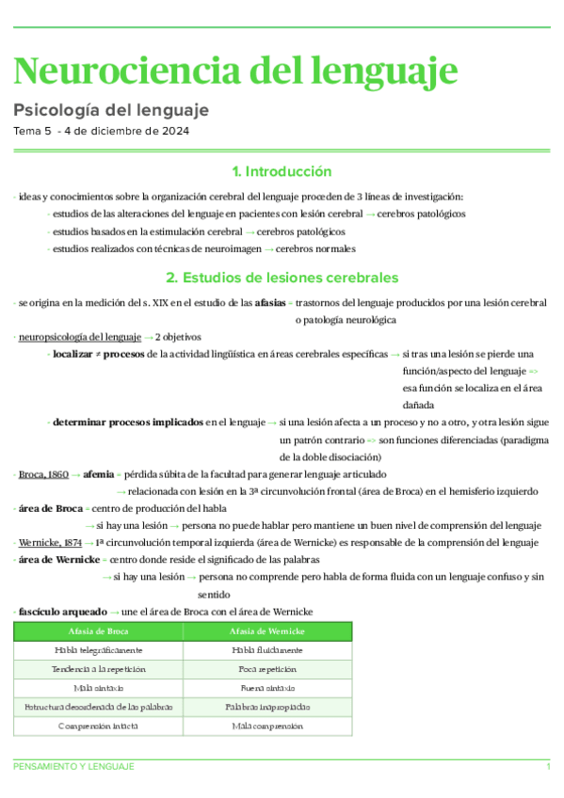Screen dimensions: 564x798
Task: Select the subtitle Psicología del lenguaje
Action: [x=111, y=110]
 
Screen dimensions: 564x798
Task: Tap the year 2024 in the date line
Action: [x=173, y=132]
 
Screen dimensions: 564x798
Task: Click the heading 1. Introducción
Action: [x=282, y=171]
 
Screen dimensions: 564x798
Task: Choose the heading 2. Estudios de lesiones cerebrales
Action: [x=282, y=278]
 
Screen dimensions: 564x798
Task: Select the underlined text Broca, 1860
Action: [x=43, y=474]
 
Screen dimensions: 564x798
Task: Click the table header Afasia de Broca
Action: [x=99, y=630]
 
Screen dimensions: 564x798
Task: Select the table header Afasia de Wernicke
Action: [x=267, y=630]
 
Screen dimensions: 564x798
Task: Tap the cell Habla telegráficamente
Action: [x=99, y=649]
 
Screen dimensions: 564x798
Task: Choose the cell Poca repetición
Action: [x=267, y=669]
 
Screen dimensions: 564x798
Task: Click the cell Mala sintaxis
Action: [x=99, y=688]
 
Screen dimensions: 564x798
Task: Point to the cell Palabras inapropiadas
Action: [x=267, y=707]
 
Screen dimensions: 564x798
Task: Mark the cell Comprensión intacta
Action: [x=99, y=726]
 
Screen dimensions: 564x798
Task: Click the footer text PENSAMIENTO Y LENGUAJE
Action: [x=74, y=767]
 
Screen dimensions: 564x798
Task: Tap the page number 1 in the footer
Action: [x=548, y=767]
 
